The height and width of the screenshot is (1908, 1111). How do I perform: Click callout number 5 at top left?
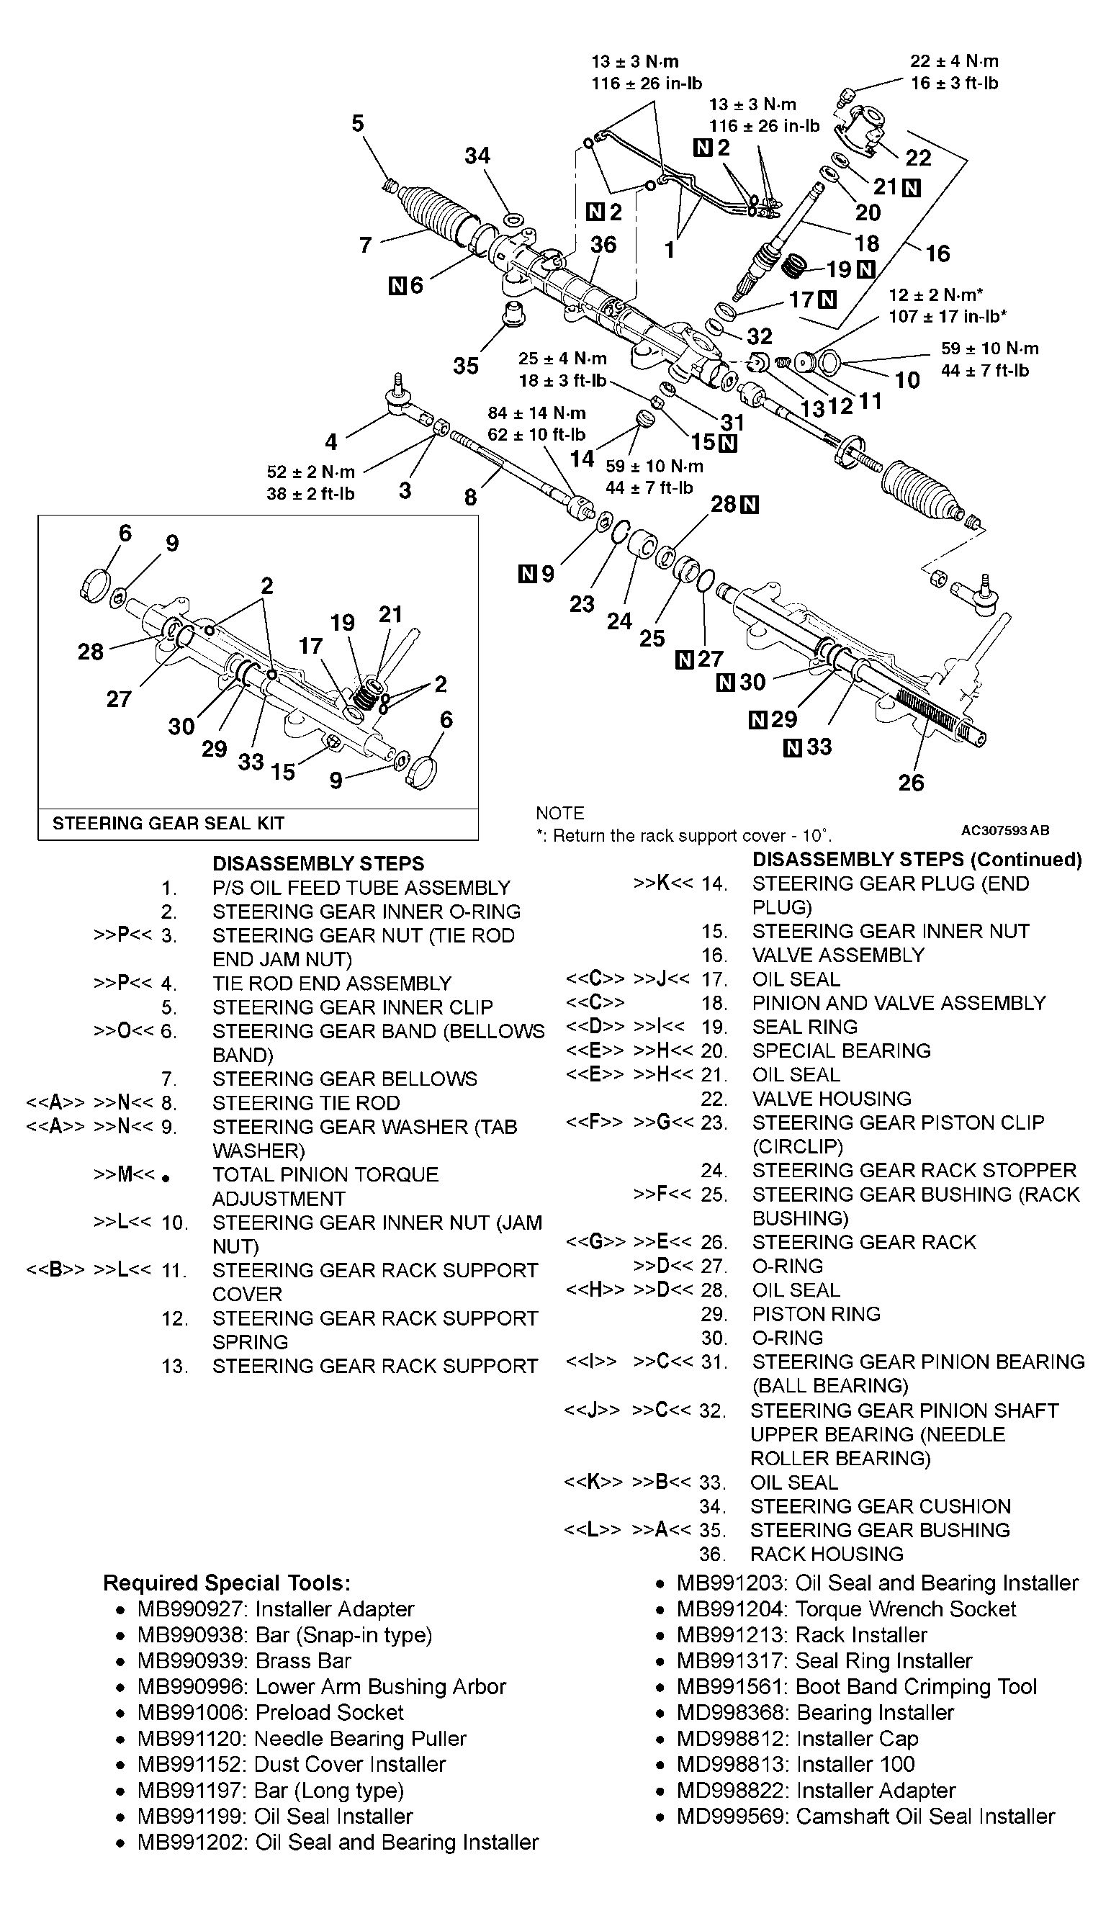(357, 123)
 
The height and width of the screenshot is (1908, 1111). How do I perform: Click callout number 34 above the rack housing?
(477, 156)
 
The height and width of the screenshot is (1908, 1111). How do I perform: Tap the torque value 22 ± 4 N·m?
(953, 61)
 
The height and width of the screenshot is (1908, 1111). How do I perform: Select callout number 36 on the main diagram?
(603, 245)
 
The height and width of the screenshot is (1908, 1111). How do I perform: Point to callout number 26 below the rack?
(911, 782)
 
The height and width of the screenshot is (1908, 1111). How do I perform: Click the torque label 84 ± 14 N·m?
(536, 413)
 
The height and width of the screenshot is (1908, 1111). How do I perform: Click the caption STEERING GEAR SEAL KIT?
(168, 824)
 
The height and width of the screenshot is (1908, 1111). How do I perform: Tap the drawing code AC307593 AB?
(1005, 831)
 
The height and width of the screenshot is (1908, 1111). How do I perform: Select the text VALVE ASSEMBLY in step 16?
(837, 955)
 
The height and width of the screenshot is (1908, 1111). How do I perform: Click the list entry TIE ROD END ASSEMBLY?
(331, 984)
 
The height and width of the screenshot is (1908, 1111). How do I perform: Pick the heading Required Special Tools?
(226, 1583)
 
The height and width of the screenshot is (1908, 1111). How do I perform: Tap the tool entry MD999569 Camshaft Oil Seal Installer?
(865, 1817)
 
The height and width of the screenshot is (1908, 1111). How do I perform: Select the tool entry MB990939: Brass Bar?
(244, 1661)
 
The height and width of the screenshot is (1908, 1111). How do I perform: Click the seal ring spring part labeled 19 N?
(793, 267)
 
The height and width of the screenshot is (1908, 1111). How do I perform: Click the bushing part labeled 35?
(514, 312)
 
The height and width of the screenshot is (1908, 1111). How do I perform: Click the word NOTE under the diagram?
(559, 813)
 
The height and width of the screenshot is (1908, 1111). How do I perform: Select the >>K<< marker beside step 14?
(662, 883)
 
